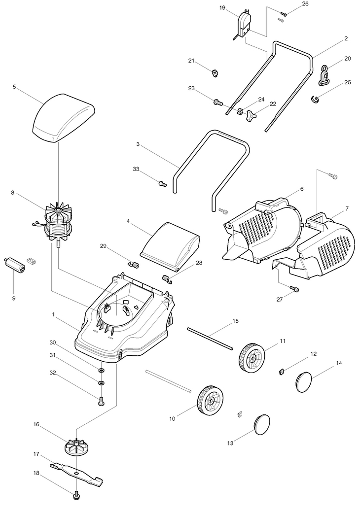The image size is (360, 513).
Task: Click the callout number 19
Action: point(222,8)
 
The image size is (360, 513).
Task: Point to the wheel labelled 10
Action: point(210,399)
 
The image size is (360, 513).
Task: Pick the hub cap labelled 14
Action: point(307,382)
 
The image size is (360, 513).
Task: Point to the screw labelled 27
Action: point(294,289)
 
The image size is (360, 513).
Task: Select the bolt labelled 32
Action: point(101,401)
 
